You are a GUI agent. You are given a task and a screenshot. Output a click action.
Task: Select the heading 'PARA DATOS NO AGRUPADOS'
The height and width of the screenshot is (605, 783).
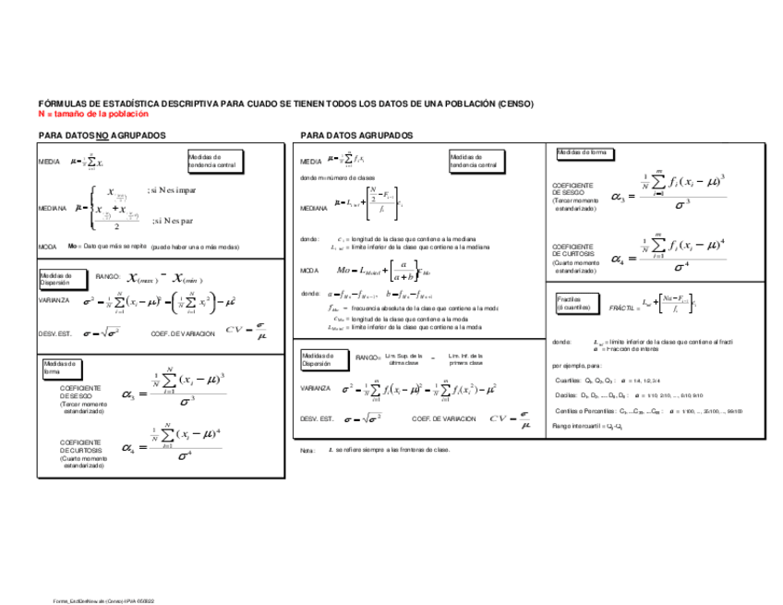pyautogui.click(x=102, y=135)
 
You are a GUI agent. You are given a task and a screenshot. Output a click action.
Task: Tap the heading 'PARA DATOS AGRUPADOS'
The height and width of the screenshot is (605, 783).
pyautogui.click(x=356, y=136)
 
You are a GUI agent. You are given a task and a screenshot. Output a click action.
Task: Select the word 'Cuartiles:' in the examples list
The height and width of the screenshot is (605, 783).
pyautogui.click(x=568, y=380)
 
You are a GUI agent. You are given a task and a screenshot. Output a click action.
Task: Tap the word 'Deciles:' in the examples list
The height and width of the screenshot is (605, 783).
pyautogui.click(x=566, y=394)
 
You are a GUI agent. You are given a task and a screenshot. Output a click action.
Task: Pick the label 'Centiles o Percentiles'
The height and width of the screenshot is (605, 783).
pyautogui.click(x=584, y=410)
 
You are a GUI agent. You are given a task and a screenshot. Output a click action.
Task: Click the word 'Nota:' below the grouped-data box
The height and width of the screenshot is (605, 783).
pyautogui.click(x=308, y=450)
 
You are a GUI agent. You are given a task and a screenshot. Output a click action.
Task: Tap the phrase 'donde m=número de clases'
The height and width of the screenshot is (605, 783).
pyautogui.click(x=338, y=177)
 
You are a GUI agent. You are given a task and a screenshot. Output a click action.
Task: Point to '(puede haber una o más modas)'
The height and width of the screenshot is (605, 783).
pyautogui.click(x=195, y=248)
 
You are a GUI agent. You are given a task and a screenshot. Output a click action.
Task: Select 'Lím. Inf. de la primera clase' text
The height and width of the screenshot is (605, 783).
pyautogui.click(x=466, y=359)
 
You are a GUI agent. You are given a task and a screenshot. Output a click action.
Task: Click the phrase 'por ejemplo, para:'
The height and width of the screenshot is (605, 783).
pyautogui.click(x=578, y=365)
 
